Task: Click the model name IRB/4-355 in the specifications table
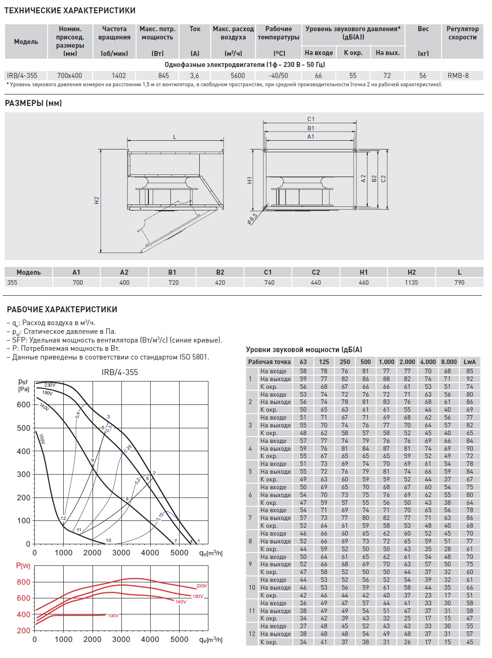22,76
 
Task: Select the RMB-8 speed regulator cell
458,76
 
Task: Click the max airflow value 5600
238,76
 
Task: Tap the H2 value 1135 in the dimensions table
411,282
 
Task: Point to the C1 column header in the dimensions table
268,272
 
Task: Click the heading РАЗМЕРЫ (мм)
33,103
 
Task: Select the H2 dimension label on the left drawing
97,200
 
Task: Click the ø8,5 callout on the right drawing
252,218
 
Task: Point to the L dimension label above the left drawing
175,137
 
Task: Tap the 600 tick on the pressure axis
23,404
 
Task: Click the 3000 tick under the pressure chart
121,553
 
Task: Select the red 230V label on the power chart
202,586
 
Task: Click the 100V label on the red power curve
113,615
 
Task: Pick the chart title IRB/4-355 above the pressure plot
120,372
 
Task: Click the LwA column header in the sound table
470,362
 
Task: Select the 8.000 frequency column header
448,362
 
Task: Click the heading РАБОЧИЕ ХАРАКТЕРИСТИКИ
62,310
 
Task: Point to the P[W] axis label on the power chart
23,566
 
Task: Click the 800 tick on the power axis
23,582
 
